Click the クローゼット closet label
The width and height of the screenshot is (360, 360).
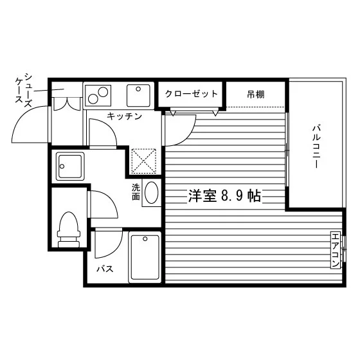(x=192, y=94)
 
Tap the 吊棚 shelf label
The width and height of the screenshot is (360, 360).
(x=256, y=94)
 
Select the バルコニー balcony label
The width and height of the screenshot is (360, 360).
(x=316, y=147)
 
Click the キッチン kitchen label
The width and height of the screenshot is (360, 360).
(x=125, y=116)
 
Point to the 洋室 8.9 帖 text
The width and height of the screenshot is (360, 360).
(x=225, y=196)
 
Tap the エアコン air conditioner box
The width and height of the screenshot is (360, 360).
(x=336, y=250)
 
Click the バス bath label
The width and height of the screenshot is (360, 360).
(x=105, y=269)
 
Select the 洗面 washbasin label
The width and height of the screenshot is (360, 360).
(x=136, y=192)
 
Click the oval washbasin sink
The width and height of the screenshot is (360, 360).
(x=152, y=192)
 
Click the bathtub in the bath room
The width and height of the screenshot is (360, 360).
(x=145, y=257)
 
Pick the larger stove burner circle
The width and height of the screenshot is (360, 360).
(x=103, y=92)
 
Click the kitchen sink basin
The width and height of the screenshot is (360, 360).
(x=138, y=96)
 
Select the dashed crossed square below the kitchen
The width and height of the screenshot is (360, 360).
(x=144, y=161)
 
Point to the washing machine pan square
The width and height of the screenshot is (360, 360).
(x=70, y=166)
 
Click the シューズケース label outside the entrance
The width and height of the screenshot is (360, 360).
(x=23, y=90)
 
